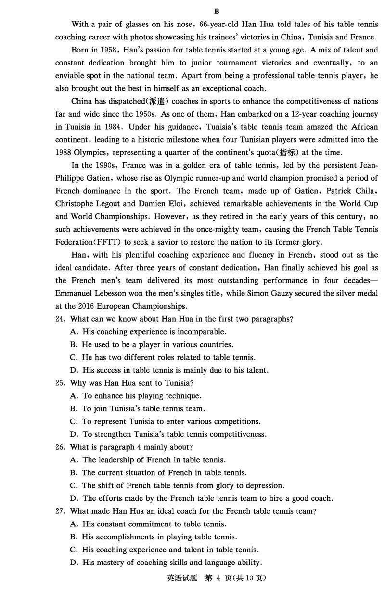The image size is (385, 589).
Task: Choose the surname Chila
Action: tap(365, 191)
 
